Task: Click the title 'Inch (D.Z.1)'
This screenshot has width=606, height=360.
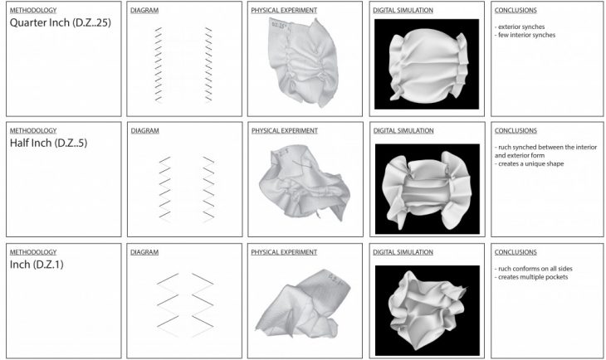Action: tap(40, 265)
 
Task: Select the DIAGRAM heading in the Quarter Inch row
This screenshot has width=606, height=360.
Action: tap(144, 10)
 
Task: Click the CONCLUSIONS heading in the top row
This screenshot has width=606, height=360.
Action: tap(515, 10)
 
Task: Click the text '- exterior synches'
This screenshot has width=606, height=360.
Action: tap(522, 27)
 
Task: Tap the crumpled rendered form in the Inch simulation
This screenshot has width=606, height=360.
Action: tap(428, 302)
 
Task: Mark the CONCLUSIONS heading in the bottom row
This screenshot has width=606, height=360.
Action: tap(515, 251)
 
